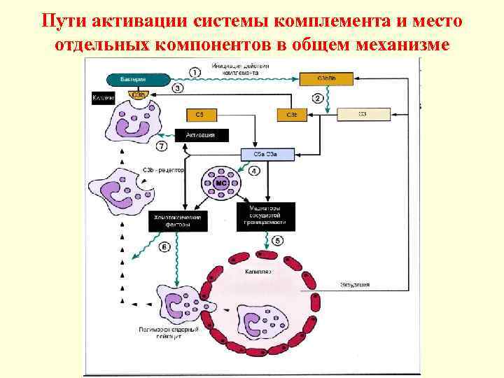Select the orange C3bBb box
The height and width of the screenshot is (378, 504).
coord(326,79)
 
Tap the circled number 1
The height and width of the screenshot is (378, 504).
coord(195,71)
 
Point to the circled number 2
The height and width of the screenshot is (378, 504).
coord(317,99)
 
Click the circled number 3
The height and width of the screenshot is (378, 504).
coord(178,88)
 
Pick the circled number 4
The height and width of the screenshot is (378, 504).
coord(254,170)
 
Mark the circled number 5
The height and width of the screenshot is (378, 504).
coord(278,241)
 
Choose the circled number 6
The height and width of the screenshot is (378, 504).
coord(164,246)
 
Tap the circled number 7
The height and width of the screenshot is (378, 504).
coord(162,147)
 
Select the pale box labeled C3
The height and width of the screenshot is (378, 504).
coord(363,114)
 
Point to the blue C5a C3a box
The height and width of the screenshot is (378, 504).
coord(267,154)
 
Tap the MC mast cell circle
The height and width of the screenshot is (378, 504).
coord(222,183)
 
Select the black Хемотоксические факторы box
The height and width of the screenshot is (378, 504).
coord(178,222)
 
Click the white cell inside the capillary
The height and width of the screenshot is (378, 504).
coord(262,321)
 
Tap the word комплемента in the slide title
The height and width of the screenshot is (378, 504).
coord(320,20)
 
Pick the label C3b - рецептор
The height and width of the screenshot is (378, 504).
coord(164,170)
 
